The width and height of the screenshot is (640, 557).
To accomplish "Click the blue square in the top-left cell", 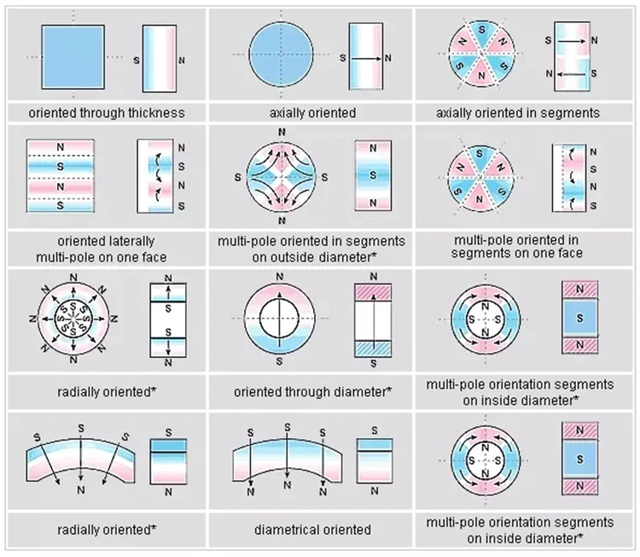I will coord(75,56).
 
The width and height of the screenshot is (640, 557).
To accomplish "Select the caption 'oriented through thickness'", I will coord(106,113).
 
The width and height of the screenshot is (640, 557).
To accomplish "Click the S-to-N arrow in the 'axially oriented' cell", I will coord(369,58).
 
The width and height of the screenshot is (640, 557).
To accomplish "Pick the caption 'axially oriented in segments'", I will coord(517,113).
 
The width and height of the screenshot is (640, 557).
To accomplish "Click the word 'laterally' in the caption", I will coord(130,240).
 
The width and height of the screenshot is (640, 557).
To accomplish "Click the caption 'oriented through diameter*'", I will coord(312,393).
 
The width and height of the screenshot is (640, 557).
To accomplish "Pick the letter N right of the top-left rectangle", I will coord(181,62).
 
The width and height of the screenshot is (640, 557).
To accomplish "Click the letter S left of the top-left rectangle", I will coord(137,62).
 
